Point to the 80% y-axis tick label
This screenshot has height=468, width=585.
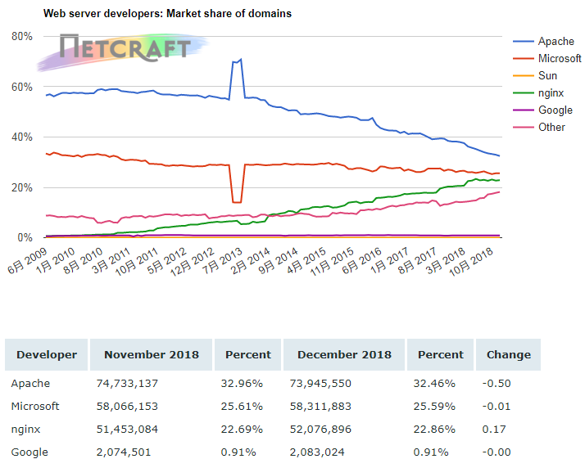(x=22, y=37)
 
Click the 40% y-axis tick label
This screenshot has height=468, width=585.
(x=22, y=137)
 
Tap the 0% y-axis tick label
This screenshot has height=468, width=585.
(x=25, y=238)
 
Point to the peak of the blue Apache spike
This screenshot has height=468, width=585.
(x=240, y=59)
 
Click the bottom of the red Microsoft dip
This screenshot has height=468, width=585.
(x=237, y=201)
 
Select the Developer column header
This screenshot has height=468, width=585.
(x=47, y=355)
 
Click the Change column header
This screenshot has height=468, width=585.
(x=508, y=355)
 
